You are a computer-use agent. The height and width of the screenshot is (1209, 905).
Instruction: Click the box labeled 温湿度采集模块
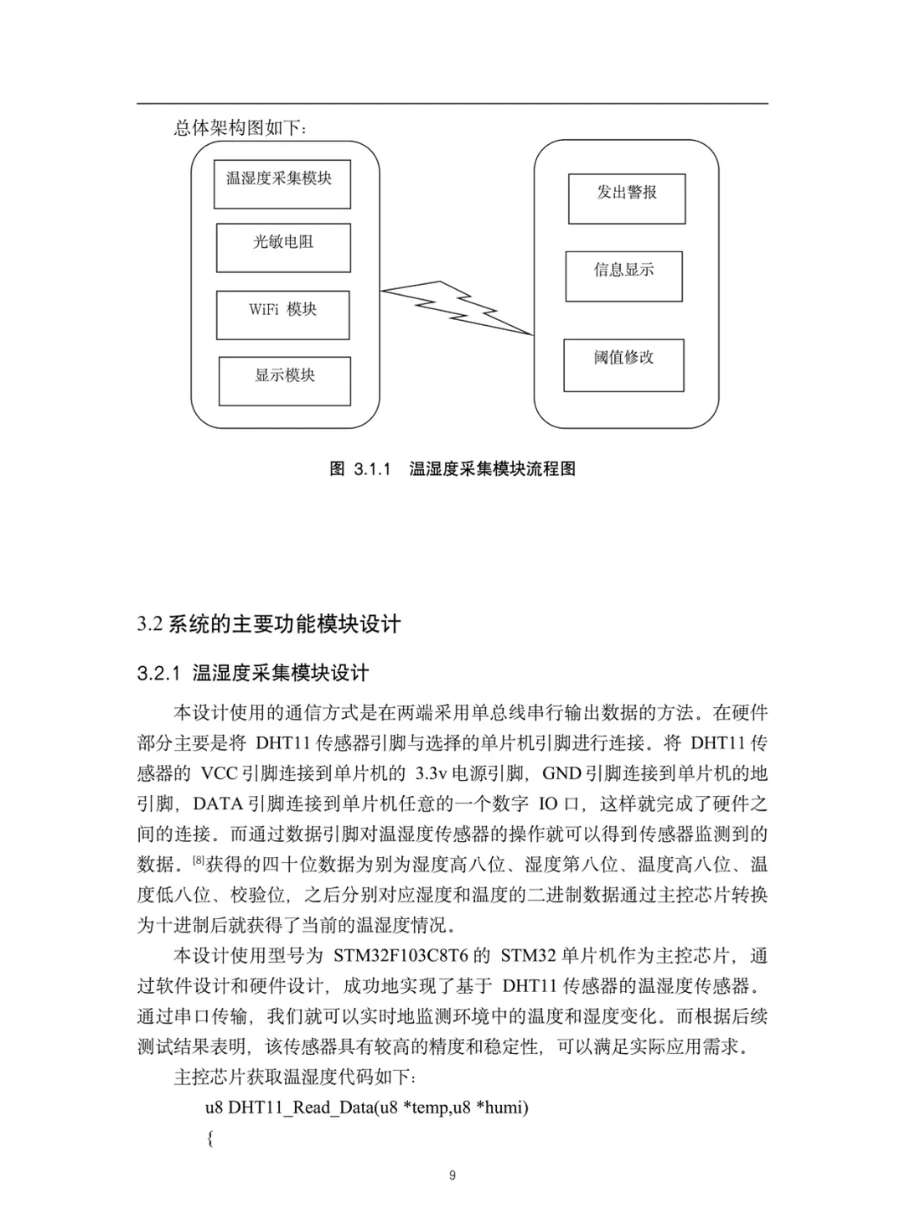[282, 184]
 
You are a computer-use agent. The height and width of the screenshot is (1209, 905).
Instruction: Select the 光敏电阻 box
[283, 248]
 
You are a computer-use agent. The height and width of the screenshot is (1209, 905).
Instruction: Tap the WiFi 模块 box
[282, 315]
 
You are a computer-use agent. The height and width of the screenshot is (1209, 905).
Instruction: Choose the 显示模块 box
[285, 381]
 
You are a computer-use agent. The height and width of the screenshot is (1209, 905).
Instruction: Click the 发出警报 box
[627, 199]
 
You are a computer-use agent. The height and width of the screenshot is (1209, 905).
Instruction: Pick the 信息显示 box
[623, 276]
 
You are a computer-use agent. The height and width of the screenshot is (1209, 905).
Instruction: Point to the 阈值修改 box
[623, 365]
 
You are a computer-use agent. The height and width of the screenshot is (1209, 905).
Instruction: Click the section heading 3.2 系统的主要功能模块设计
[269, 624]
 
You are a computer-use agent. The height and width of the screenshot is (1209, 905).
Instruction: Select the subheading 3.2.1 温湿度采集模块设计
[253, 674]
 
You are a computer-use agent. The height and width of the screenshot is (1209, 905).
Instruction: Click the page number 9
[452, 1175]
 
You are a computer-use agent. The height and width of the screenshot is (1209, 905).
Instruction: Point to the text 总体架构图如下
[240, 128]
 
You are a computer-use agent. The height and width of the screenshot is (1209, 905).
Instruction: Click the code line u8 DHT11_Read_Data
[367, 1108]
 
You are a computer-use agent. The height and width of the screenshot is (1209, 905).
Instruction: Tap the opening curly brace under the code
[210, 1139]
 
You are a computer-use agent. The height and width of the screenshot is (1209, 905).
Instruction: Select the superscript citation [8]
[199, 860]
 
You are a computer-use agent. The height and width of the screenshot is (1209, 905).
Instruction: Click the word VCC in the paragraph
[220, 773]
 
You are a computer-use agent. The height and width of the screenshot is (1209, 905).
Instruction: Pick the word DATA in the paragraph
[218, 804]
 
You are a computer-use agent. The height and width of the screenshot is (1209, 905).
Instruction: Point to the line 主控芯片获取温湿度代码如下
[294, 1077]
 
